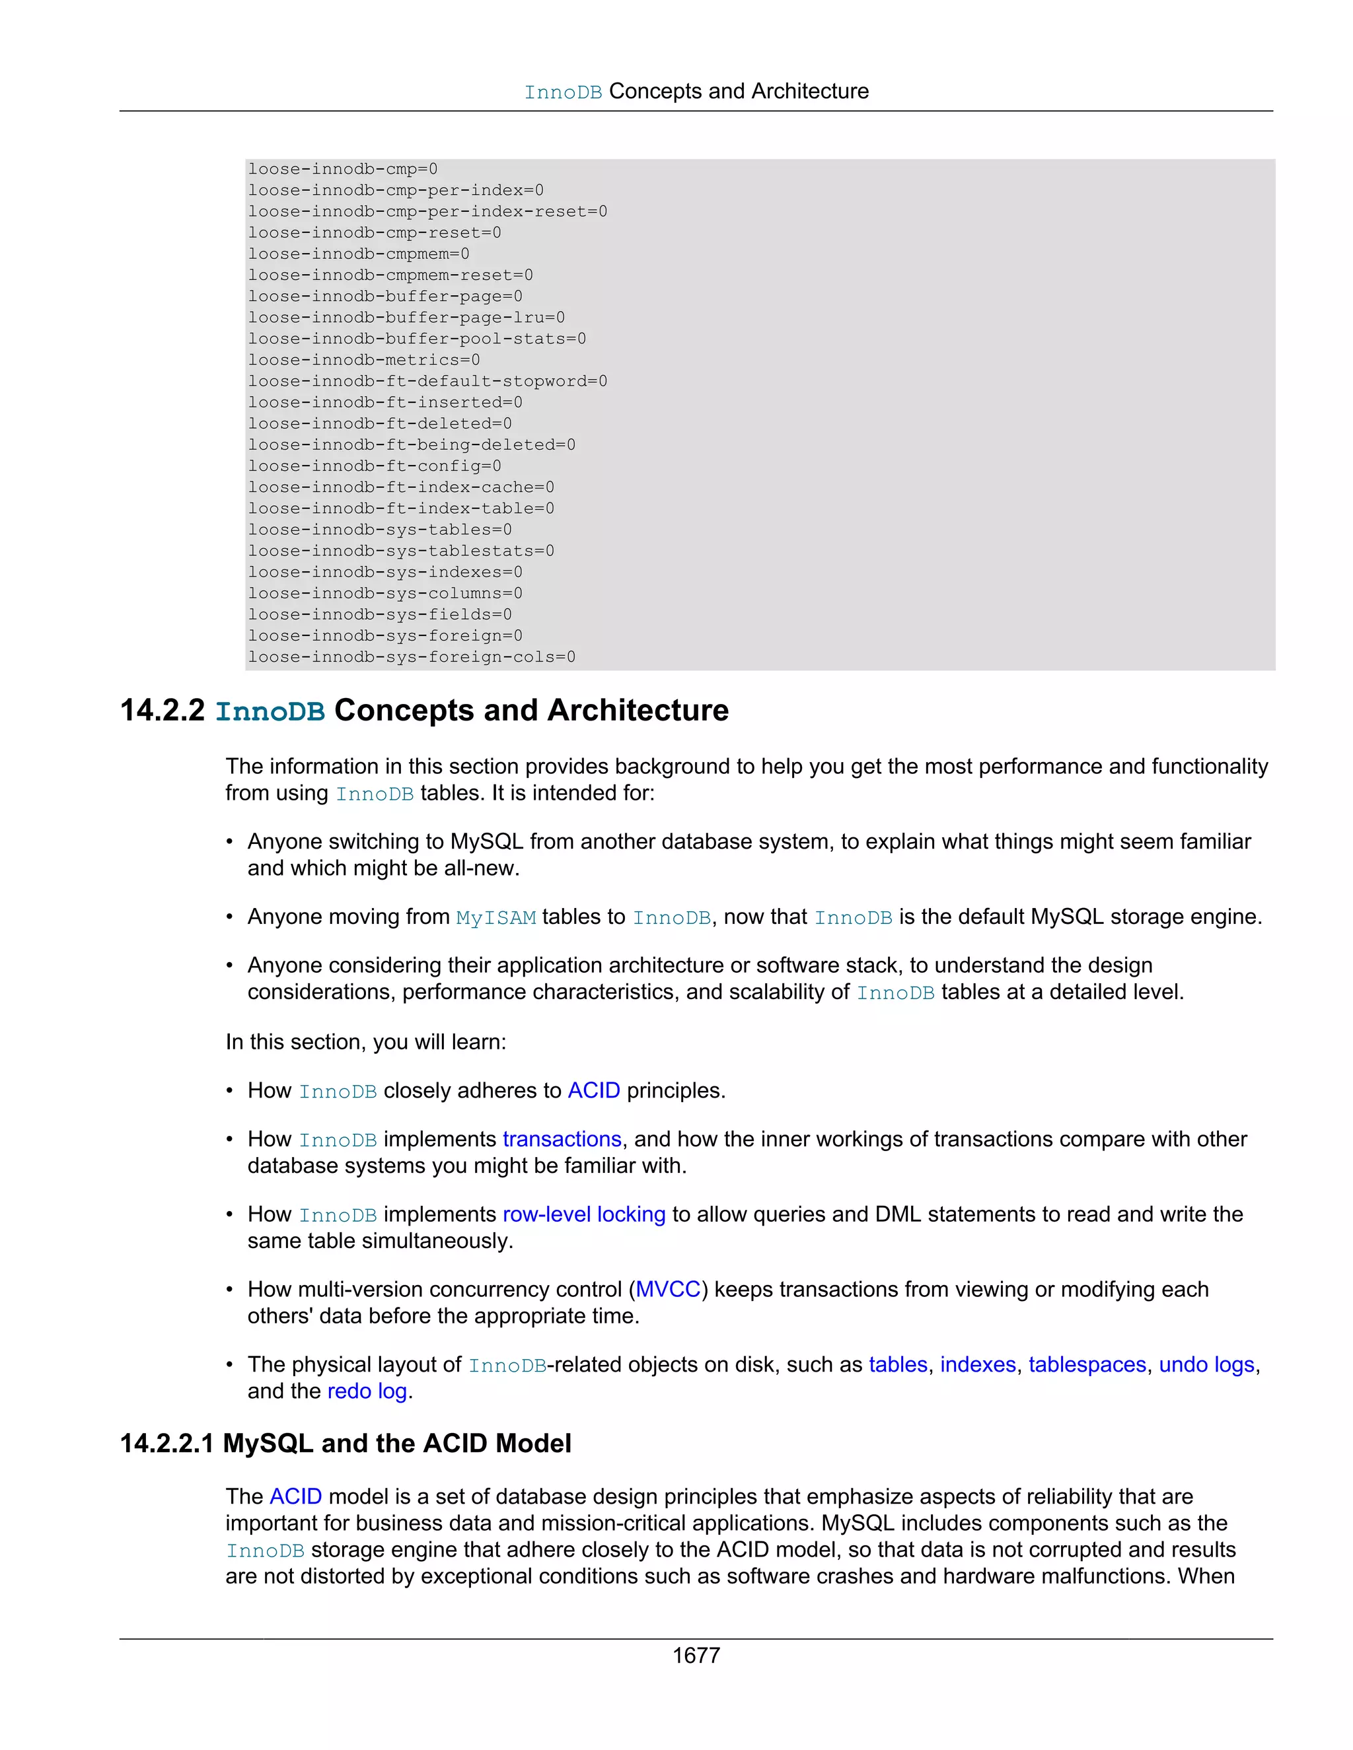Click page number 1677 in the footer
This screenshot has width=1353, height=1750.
pos(696,1655)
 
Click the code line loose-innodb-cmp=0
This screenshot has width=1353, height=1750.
pos(342,169)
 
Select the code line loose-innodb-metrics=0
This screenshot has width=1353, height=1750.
pos(363,360)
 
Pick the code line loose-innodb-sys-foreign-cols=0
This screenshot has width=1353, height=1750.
pos(411,657)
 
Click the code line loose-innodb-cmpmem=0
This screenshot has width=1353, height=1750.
pos(358,254)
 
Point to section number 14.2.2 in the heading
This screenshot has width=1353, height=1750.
pos(163,711)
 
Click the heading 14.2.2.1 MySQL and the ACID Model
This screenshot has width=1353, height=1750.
pos(346,1443)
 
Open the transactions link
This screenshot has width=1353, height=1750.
pos(562,1138)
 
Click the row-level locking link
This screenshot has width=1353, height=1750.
pos(583,1214)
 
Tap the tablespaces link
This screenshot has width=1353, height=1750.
pos(1087,1364)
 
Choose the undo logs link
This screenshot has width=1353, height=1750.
pos(1206,1364)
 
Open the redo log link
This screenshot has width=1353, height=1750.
pos(367,1391)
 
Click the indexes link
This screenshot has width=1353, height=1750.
pos(978,1364)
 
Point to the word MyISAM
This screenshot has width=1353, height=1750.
pos(495,917)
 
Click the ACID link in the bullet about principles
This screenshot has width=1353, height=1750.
pos(594,1090)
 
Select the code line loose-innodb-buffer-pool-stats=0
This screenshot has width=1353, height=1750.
pos(417,339)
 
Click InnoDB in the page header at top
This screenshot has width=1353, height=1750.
pos(563,92)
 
